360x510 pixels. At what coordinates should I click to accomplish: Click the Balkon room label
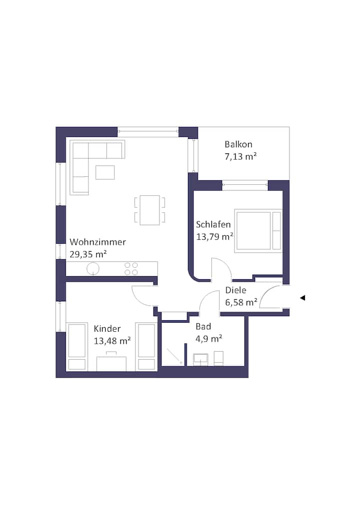coord(238,144)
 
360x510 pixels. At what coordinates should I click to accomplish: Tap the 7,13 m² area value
coord(240,156)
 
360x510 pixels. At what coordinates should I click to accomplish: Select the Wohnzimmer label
coord(97,242)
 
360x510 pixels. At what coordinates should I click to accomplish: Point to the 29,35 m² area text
coord(88,254)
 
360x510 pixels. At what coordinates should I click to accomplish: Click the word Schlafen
coord(213,224)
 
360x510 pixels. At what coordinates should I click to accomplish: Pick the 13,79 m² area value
coord(214,236)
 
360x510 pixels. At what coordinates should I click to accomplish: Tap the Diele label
coord(235,290)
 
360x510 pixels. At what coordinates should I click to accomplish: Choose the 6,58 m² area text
coord(241,302)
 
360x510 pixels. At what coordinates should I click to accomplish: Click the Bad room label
coord(203,326)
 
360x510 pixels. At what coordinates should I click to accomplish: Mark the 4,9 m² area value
coord(208,339)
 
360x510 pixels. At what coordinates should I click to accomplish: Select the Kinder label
coord(107,329)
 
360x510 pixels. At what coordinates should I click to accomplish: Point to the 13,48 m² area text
coord(112,341)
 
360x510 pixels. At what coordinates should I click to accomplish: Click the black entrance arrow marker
coord(302,298)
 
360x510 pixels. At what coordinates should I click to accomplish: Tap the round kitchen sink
coord(93,269)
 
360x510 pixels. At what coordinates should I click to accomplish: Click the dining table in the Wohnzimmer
coord(149,210)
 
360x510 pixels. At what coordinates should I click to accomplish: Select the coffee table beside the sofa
coord(105,172)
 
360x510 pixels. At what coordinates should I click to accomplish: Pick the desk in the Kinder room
coord(111,364)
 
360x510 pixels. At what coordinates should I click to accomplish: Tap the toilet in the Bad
coord(218,358)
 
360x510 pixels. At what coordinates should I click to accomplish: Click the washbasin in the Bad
coord(200,360)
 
